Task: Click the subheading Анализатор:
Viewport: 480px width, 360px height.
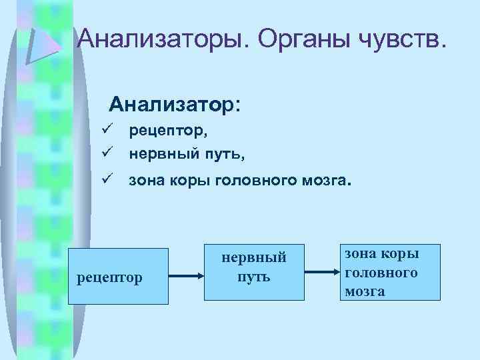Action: point(177,105)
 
